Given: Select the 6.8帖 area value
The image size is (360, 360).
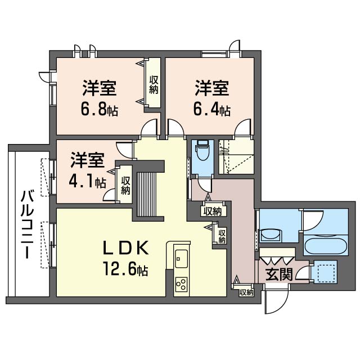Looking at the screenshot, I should [99, 109].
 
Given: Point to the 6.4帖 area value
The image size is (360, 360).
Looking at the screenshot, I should [211, 109].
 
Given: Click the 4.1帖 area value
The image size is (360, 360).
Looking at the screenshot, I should [88, 182].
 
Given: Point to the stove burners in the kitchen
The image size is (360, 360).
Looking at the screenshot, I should [181, 284].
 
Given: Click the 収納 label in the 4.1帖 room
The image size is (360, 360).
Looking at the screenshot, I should [125, 185].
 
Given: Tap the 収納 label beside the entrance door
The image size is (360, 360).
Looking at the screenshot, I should [246, 292].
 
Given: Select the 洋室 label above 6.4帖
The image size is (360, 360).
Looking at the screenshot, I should [211, 88].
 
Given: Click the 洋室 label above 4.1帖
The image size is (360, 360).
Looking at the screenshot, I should [87, 160].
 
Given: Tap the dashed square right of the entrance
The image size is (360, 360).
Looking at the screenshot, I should [325, 272].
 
